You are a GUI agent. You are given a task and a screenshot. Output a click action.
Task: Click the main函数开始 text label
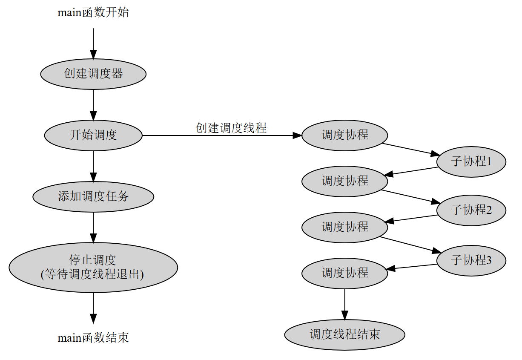93,12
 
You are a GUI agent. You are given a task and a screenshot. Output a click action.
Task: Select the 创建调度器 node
93,74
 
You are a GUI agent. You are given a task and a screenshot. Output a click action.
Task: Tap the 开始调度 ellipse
93,135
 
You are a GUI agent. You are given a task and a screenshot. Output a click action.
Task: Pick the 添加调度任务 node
93,196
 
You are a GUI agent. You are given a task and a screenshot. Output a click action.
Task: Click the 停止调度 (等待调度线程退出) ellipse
93,268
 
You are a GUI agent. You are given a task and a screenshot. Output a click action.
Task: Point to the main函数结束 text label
93,338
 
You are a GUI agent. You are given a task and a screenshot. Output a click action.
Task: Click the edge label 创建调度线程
231,128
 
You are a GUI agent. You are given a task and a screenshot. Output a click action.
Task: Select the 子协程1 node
471,162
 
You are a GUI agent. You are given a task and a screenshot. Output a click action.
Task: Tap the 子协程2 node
471,210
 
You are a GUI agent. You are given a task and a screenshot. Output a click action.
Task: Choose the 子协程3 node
471,260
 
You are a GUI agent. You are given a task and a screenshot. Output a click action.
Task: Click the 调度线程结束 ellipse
344,334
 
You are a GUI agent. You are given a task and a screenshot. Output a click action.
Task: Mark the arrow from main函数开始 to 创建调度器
93,43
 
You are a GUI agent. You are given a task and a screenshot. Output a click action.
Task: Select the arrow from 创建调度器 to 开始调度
93,105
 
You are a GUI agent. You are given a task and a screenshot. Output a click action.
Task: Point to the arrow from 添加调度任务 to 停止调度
93,227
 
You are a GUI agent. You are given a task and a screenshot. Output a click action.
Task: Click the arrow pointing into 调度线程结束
344,303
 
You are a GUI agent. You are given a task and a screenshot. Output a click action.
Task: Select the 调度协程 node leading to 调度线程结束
344,273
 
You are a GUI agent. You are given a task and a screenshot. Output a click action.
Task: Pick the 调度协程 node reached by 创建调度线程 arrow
344,135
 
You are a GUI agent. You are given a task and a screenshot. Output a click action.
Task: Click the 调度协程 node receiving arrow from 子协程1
344,181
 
